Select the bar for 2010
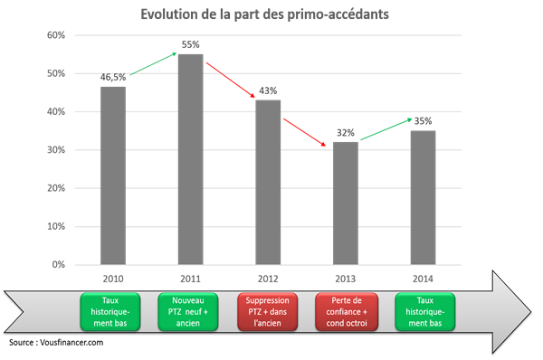coord(113,175)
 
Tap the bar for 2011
coord(190,159)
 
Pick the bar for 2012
coord(268,182)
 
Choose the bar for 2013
coord(346,204)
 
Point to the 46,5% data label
coord(113,78)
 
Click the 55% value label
coord(190,44)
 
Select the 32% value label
coord(346,132)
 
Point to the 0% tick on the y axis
coord(58,264)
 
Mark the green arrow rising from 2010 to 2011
coord(152,64)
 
